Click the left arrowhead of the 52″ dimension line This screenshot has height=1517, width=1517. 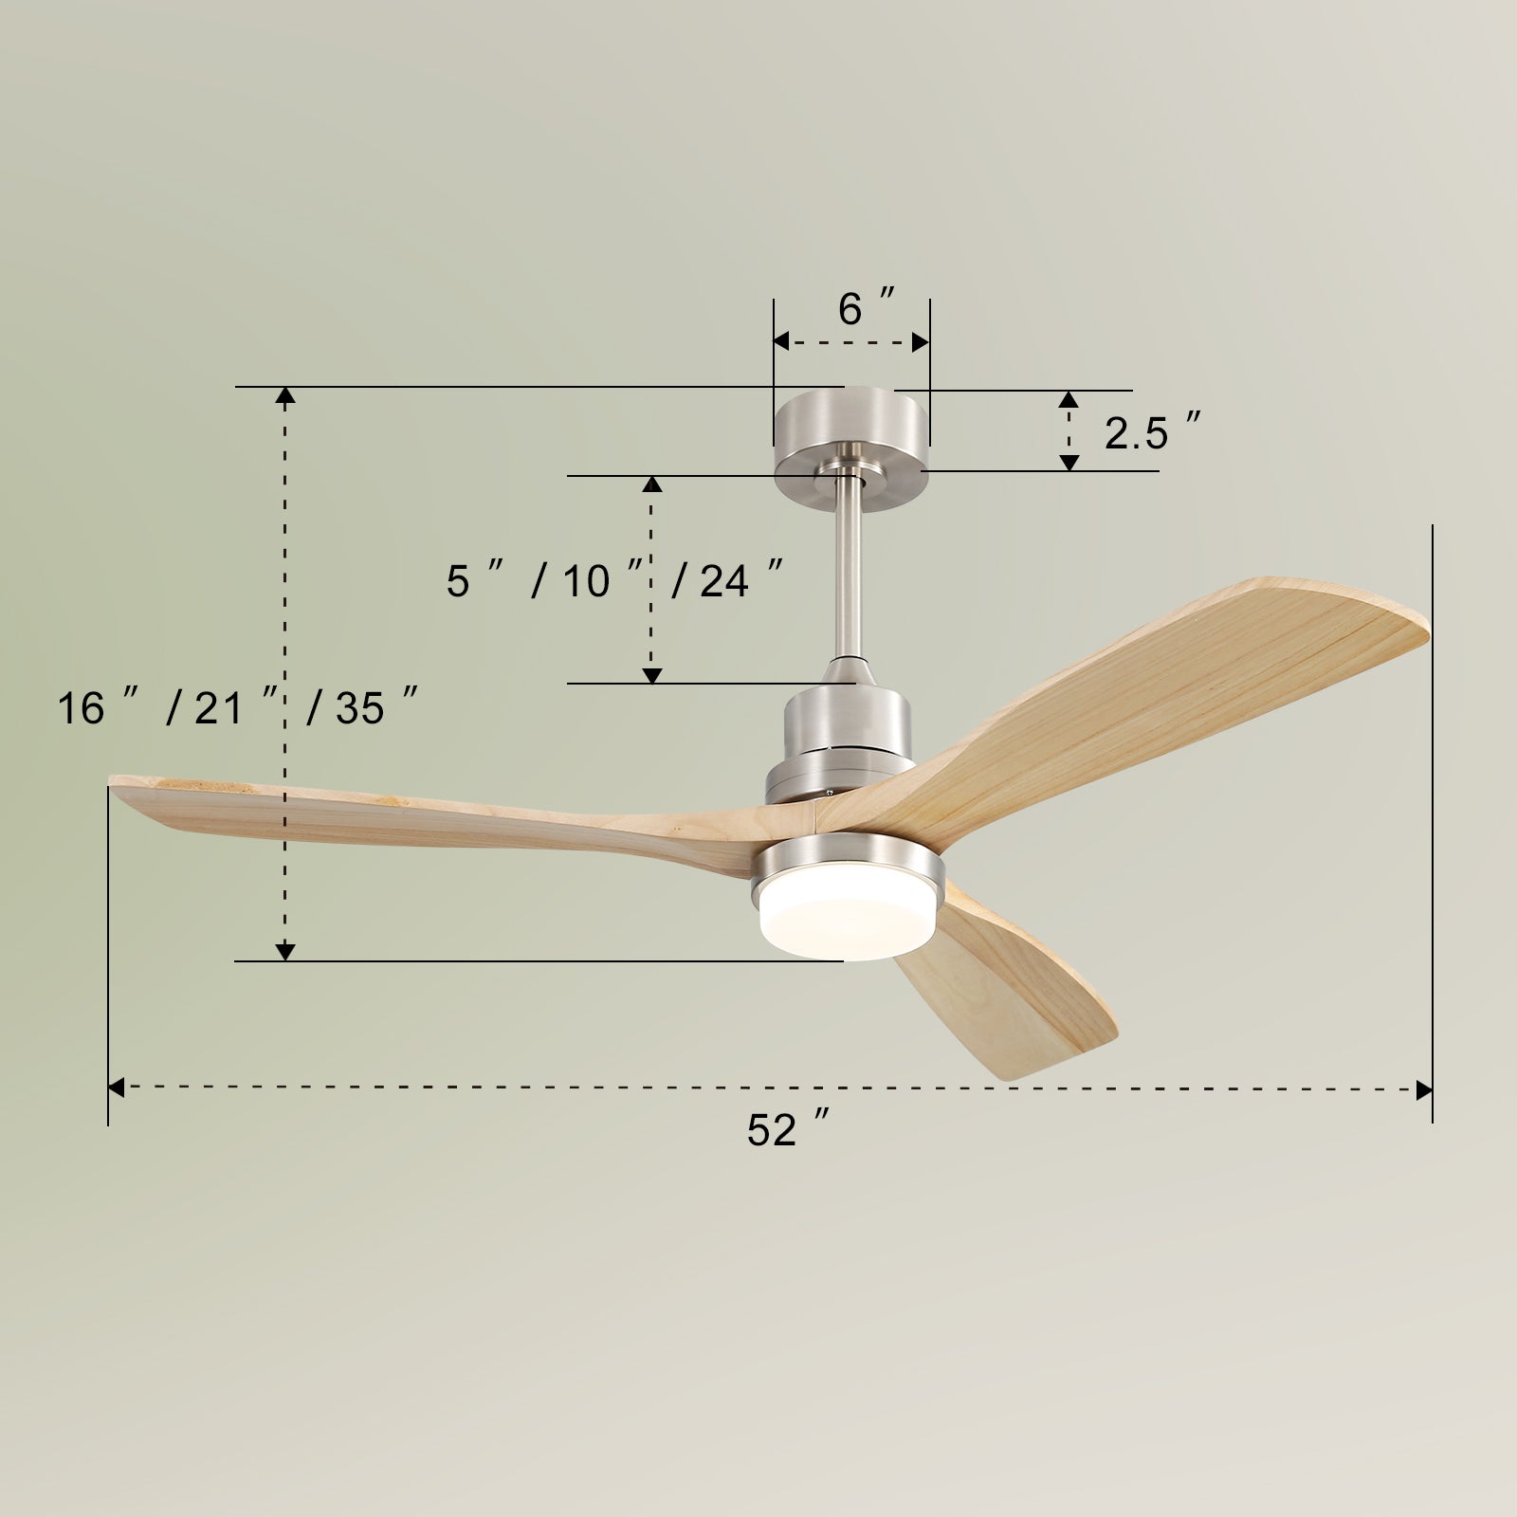click(117, 1087)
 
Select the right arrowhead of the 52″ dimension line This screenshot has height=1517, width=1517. click(1423, 1089)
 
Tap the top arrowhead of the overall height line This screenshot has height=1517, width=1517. click(284, 395)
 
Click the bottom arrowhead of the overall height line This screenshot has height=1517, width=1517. click(284, 952)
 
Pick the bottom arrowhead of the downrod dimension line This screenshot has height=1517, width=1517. click(651, 675)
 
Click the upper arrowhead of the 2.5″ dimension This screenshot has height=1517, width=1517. click(1069, 399)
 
